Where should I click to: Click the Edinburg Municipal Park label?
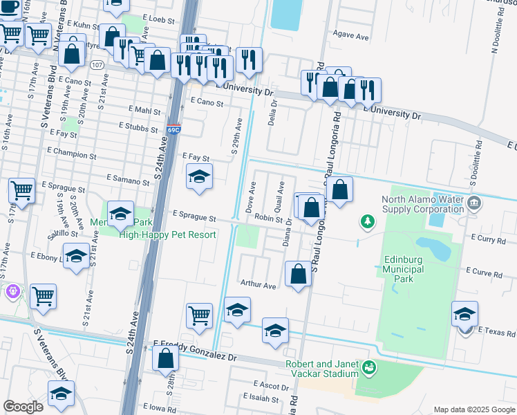point(408,269)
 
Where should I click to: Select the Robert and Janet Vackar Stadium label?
point(323,369)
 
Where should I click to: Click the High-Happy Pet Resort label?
point(167,234)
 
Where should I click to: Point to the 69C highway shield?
point(173,129)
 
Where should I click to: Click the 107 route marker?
point(97,64)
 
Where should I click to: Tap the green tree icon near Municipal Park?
point(368,221)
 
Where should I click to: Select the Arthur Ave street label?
point(258,284)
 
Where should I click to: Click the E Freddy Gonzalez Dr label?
point(195,350)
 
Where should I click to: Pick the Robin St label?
point(270,218)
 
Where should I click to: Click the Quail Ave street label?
point(281,196)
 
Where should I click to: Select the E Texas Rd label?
point(496,331)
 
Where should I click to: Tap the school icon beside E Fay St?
point(199,176)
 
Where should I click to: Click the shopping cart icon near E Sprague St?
point(21,190)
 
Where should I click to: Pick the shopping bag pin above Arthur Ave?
point(298,273)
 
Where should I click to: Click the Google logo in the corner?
point(23,407)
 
